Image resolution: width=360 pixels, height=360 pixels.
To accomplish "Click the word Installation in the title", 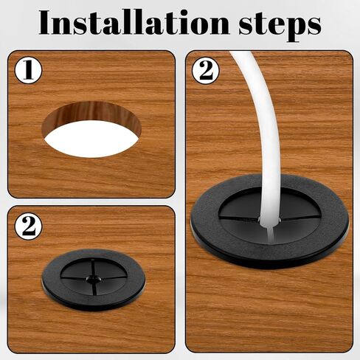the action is [134, 22].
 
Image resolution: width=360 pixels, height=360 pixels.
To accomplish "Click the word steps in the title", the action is [280, 26].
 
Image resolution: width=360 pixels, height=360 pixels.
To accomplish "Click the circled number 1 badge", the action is [29, 70].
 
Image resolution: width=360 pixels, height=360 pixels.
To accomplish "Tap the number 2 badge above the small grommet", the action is [29, 226].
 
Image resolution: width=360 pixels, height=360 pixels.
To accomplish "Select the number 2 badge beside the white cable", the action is [206, 71].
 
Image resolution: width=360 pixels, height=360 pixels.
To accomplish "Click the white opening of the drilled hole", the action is [91, 139].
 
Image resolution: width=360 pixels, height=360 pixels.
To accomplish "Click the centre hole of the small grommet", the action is [94, 279].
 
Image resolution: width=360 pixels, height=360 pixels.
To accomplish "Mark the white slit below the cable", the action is [271, 234].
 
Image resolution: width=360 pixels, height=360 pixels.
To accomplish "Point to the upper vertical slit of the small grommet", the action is [93, 268].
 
